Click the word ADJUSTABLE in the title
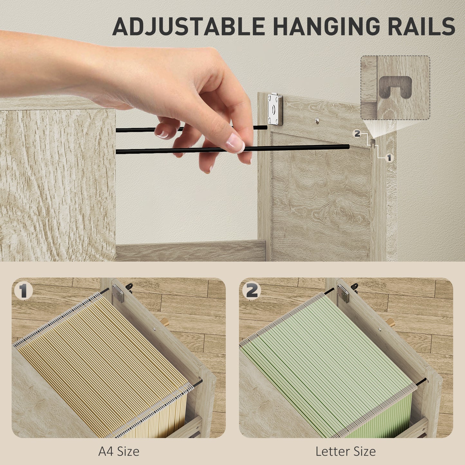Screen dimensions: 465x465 [x=189, y=26]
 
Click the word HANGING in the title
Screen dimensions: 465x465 [x=326, y=26]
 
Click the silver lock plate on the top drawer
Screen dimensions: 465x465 [x=275, y=109]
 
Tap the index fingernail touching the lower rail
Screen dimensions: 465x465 [x=235, y=143]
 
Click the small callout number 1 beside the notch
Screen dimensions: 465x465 [x=389, y=158]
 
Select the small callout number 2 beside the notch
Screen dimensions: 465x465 [x=357, y=134]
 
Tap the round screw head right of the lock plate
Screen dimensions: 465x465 [x=317, y=120]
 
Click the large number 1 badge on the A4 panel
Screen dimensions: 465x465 [x=23, y=291]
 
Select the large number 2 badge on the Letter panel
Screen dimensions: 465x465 [x=251, y=291]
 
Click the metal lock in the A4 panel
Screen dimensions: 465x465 [x=118, y=293]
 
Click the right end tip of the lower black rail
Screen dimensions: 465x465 [x=349, y=146]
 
